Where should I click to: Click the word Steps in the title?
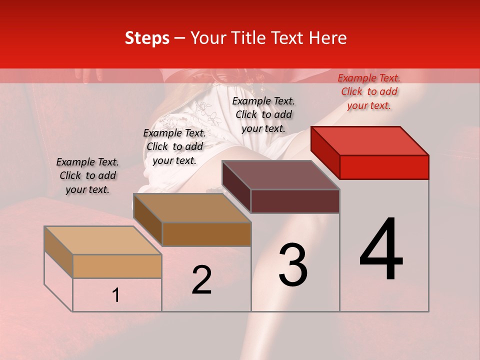point(147,38)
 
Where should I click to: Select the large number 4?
point(381,250)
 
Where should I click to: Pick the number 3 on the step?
point(293,265)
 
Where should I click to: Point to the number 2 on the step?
point(202,280)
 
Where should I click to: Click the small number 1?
point(116,295)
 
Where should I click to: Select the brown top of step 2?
point(192,207)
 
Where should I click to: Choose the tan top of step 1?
point(103,240)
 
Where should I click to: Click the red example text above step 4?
point(369,91)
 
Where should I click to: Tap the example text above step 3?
point(263,114)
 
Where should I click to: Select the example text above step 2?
point(174,146)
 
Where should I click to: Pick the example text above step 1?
point(87,175)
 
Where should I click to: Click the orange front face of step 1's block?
point(117,266)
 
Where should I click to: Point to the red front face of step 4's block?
point(384,167)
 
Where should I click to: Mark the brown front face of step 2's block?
point(206,234)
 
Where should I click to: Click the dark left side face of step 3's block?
point(236,187)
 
